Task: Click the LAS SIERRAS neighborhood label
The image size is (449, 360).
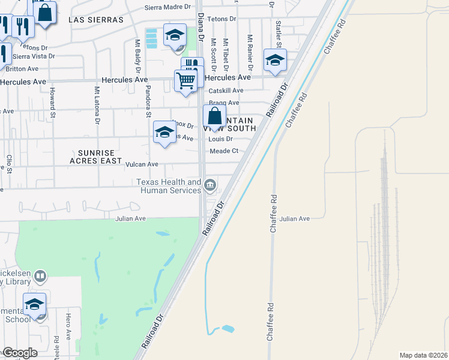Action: click(x=96, y=20)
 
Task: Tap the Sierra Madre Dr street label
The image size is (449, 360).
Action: click(x=168, y=8)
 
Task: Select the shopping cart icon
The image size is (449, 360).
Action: click(x=186, y=79)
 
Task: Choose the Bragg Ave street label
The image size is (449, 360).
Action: click(x=224, y=103)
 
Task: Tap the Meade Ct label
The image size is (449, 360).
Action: click(x=224, y=151)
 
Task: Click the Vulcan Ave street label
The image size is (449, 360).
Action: click(x=141, y=164)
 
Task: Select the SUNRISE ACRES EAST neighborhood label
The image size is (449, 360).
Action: click(x=96, y=157)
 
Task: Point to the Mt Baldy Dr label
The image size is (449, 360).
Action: click(x=137, y=53)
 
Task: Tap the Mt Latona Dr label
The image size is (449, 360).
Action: click(x=97, y=104)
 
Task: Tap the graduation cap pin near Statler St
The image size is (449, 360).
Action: click(x=275, y=60)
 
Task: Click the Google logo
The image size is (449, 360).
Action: click(x=20, y=353)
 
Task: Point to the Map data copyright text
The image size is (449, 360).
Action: click(x=423, y=355)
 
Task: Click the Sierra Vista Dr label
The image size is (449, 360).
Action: click(x=34, y=56)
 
